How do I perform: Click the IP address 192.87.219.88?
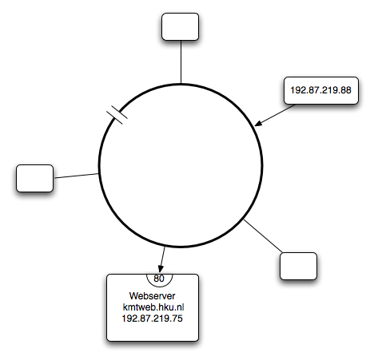tap(320, 90)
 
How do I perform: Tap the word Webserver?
tap(152, 296)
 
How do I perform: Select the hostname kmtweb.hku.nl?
tap(153, 307)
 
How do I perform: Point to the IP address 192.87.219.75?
tap(152, 318)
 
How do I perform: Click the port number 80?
tap(159, 279)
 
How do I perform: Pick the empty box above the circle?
tap(180, 26)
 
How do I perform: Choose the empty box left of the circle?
tap(34, 178)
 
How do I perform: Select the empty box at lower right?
tap(298, 266)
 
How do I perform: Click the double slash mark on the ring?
tap(117, 115)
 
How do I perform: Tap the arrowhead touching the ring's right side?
tap(258, 124)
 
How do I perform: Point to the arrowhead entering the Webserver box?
tap(161, 269)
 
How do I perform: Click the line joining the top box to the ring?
tap(181, 62)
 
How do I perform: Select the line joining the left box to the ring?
tap(76, 176)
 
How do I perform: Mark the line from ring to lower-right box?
tap(263, 236)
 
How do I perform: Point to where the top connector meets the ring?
tap(181, 84)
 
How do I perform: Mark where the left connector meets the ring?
tap(99, 173)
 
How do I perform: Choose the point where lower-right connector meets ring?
tap(244, 220)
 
